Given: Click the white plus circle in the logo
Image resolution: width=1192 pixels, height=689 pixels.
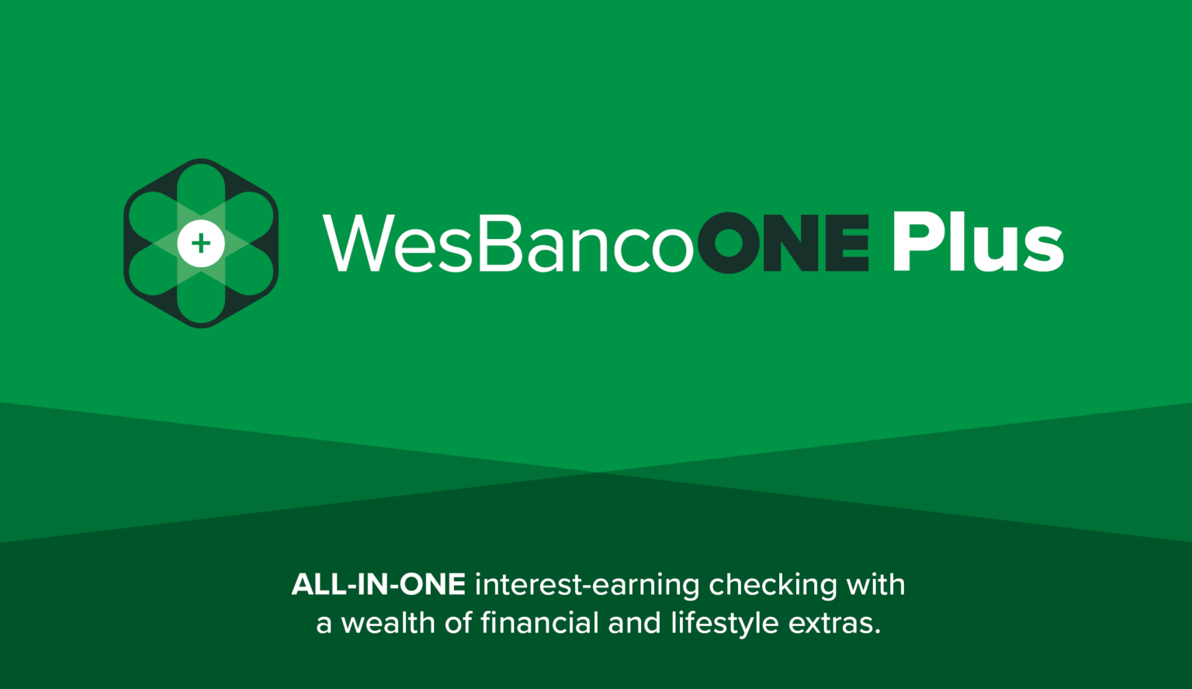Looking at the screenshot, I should click(201, 243).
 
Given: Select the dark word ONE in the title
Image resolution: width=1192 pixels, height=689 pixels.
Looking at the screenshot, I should click(783, 243).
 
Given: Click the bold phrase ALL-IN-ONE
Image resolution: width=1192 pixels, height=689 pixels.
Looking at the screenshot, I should click(379, 584).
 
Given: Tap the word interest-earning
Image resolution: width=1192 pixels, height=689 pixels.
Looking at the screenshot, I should click(587, 585).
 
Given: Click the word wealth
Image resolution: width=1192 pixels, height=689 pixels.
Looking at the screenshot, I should click(388, 623).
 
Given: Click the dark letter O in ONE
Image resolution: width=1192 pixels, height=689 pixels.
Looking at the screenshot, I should click(729, 243).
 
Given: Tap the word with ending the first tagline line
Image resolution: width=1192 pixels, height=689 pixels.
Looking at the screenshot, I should click(875, 584).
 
